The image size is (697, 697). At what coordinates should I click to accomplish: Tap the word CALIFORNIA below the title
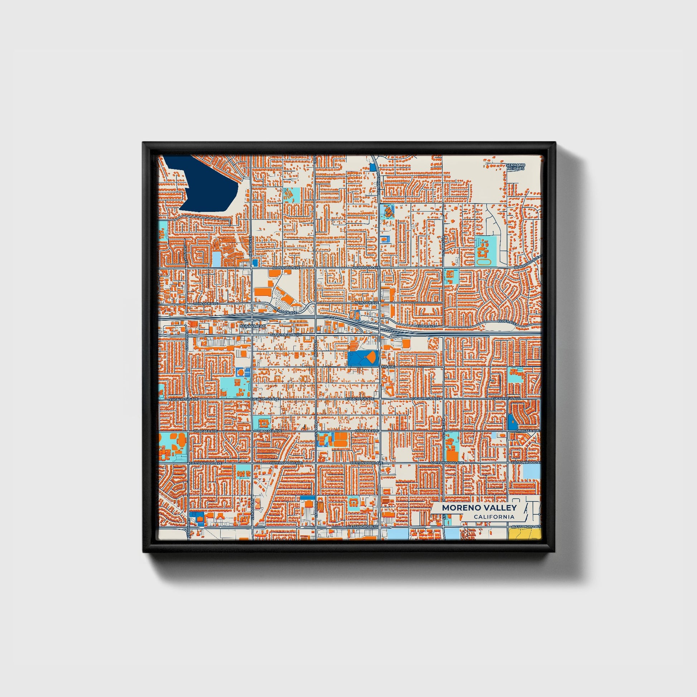(x=494, y=517)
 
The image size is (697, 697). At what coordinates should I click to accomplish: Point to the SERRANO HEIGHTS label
(x=515, y=166)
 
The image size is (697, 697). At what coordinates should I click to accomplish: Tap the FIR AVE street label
(x=387, y=366)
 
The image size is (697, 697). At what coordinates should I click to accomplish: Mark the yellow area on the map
(x=525, y=535)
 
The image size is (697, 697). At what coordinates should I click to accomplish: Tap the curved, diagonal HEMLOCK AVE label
(x=285, y=310)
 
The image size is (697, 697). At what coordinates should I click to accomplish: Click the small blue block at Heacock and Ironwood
(x=255, y=262)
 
